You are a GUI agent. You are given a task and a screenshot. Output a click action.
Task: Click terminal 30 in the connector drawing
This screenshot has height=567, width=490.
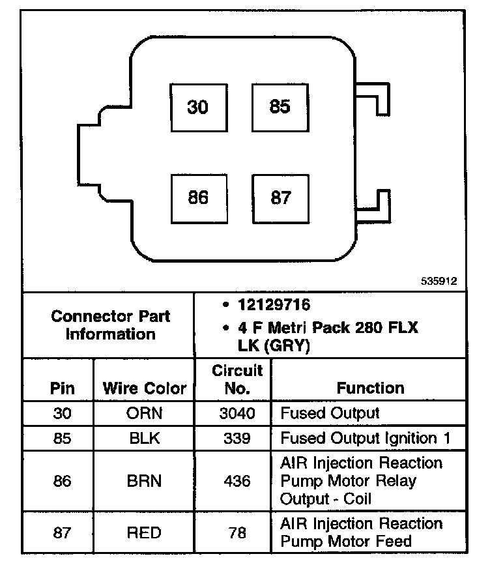click(198, 107)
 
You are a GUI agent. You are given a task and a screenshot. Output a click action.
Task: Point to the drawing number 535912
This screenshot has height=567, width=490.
click(440, 282)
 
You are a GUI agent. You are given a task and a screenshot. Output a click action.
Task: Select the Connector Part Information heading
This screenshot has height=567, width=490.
click(110, 325)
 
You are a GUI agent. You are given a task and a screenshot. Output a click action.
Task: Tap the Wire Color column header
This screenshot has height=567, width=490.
click(144, 389)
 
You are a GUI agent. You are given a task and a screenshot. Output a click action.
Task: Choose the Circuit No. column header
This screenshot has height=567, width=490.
click(237, 379)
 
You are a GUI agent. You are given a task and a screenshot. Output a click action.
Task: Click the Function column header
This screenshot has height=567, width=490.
click(370, 388)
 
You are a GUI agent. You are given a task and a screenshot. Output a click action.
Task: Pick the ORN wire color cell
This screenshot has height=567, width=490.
click(144, 413)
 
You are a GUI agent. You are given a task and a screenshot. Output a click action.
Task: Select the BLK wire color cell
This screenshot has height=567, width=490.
click(144, 438)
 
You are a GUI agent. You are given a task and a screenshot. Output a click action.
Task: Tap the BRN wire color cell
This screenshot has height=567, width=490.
click(144, 481)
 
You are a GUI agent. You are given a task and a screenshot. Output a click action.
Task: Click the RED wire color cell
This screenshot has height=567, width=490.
click(144, 532)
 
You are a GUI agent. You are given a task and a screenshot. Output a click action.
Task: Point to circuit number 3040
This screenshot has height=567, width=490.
click(237, 413)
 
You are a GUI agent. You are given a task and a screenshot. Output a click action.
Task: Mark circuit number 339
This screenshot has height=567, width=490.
click(237, 438)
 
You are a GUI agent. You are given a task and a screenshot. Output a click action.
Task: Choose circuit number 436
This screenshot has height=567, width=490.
click(237, 481)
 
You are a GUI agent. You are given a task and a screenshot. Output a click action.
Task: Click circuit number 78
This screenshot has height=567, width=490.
click(237, 532)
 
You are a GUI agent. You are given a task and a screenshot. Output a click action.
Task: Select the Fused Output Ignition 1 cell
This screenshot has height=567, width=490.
click(365, 438)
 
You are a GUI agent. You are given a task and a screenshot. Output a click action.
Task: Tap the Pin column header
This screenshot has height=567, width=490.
click(63, 389)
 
